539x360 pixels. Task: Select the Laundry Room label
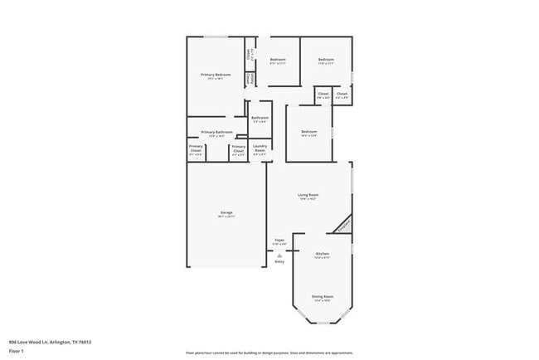click(260, 150)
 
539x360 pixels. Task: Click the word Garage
click(226, 213)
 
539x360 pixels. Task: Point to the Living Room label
click(308, 196)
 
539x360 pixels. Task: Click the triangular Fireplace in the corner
click(343, 224)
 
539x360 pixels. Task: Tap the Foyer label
click(280, 241)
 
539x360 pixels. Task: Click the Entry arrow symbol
click(280, 256)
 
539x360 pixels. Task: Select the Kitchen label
click(323, 255)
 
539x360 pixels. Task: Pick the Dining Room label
click(323, 296)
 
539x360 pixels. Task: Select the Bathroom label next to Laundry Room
click(260, 119)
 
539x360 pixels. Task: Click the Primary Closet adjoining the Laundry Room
click(238, 151)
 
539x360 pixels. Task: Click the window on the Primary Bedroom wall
click(217, 36)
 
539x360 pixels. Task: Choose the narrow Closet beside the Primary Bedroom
click(248, 54)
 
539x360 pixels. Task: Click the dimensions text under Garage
click(226, 217)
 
